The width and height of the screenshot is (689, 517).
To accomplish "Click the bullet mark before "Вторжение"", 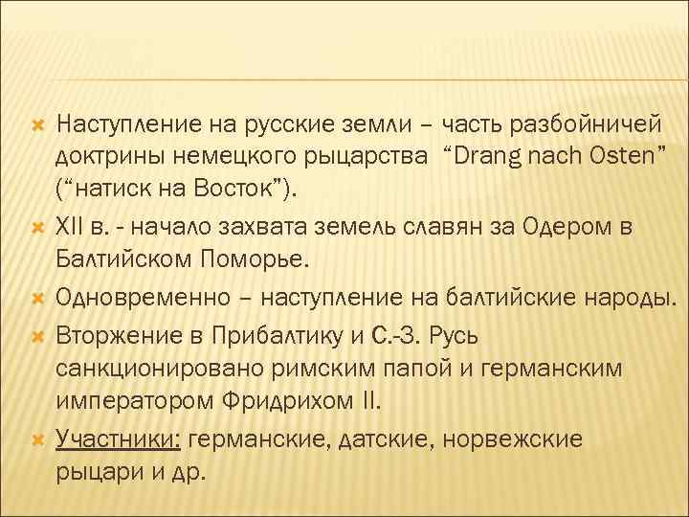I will click(x=37, y=335).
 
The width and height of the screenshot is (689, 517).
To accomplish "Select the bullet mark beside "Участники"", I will click(x=37, y=440).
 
